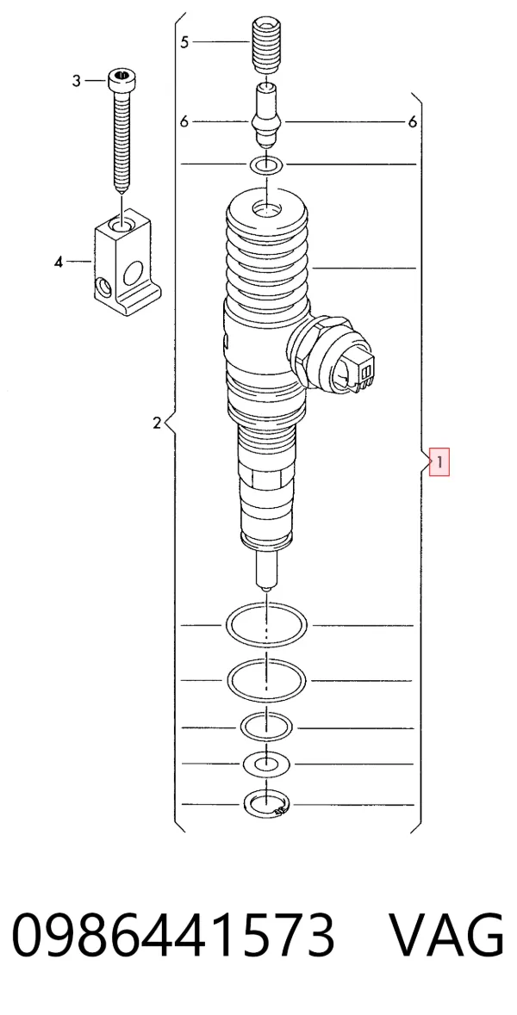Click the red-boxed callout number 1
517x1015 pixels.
point(439,462)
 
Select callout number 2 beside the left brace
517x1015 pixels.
point(156,424)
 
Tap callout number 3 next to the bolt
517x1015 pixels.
point(77,81)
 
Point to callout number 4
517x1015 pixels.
point(59,262)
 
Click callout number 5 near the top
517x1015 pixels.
point(184,42)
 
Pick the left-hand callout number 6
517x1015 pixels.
point(184,121)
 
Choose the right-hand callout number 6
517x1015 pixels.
point(413,121)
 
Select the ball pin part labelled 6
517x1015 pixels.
point(267,114)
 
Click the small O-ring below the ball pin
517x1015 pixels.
point(266,165)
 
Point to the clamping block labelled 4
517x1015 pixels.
point(127,260)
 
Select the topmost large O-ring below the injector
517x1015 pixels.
point(266,625)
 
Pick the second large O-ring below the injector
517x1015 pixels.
point(266,680)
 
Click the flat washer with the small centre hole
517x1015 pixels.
point(265,764)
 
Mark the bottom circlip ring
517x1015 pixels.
point(265,805)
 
